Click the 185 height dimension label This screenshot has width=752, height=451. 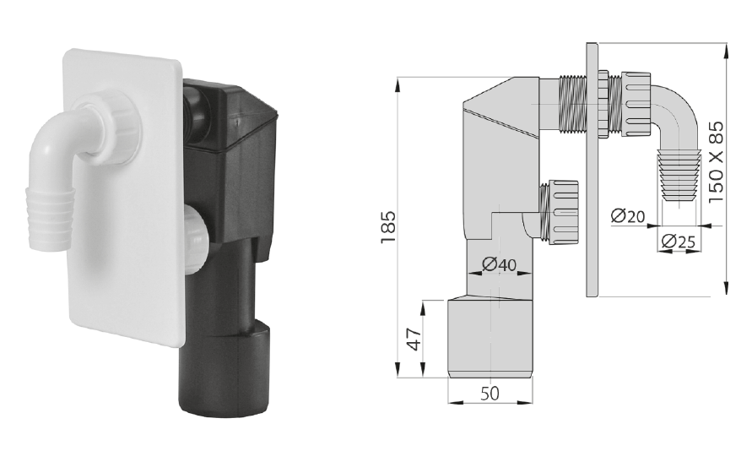click(388, 227)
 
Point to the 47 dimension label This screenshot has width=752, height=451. click(414, 338)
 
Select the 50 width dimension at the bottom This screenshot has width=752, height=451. click(490, 394)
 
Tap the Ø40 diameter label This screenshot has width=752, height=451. click(500, 264)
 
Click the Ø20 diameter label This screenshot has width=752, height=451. click(628, 216)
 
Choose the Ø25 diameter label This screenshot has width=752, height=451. click(678, 242)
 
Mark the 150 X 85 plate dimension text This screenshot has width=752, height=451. click(716, 162)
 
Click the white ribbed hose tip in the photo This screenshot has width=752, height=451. click(49, 218)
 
